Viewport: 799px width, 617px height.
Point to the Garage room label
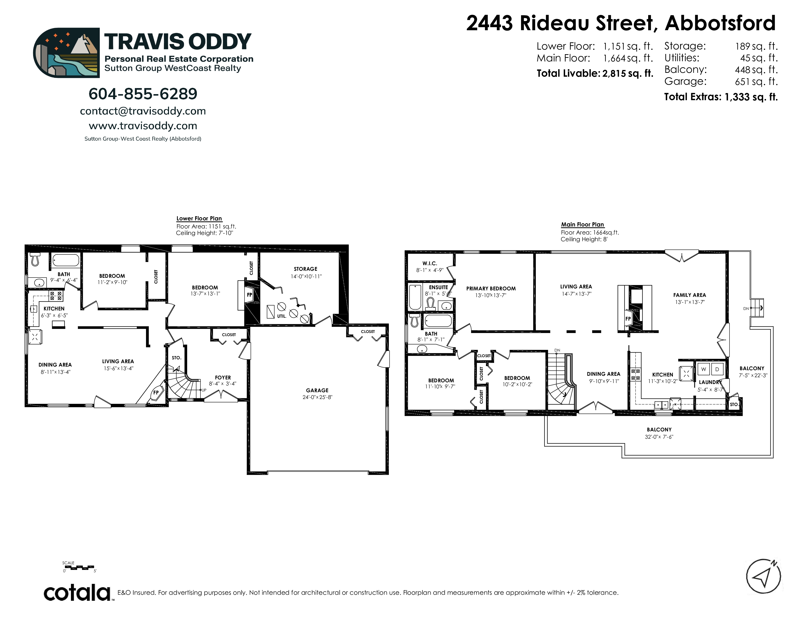pyautogui.click(x=317, y=390)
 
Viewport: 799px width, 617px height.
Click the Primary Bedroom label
pyautogui.click(x=491, y=288)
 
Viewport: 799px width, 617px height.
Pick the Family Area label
pyautogui.click(x=690, y=295)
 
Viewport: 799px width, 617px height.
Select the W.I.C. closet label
pyautogui.click(x=430, y=263)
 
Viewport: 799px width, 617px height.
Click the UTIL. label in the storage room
pyautogui.click(x=281, y=316)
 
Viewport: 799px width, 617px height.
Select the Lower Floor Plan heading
pyautogui.click(x=199, y=218)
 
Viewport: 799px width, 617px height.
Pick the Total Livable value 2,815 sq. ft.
pyautogui.click(x=628, y=74)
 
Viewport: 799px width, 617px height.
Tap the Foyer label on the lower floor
pyautogui.click(x=223, y=378)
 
